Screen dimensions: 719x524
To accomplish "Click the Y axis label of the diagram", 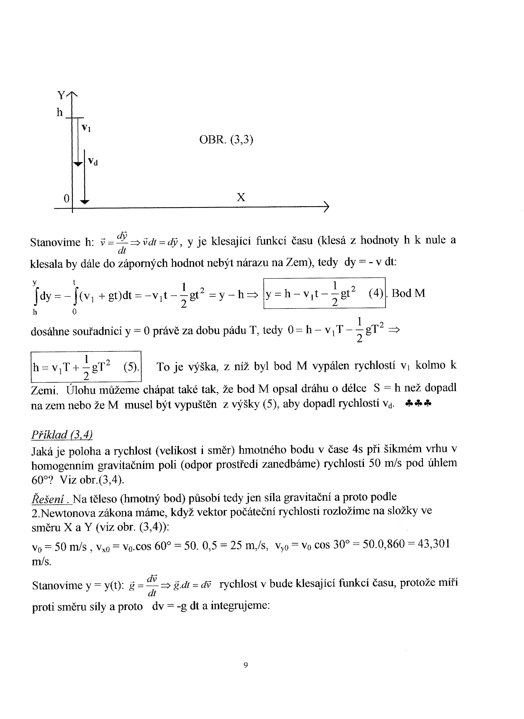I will tap(61, 95).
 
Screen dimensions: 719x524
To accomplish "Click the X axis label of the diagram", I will tap(241, 198).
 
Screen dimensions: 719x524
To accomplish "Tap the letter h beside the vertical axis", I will tap(60, 112).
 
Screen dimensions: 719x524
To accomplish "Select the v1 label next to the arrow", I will tap(86, 128).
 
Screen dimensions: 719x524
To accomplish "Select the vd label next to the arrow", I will tap(93, 162).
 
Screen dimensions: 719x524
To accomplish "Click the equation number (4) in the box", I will tap(376, 293).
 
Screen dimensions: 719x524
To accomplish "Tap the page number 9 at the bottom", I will tap(246, 665).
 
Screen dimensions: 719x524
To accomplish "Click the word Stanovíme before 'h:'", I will tap(55, 243).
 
